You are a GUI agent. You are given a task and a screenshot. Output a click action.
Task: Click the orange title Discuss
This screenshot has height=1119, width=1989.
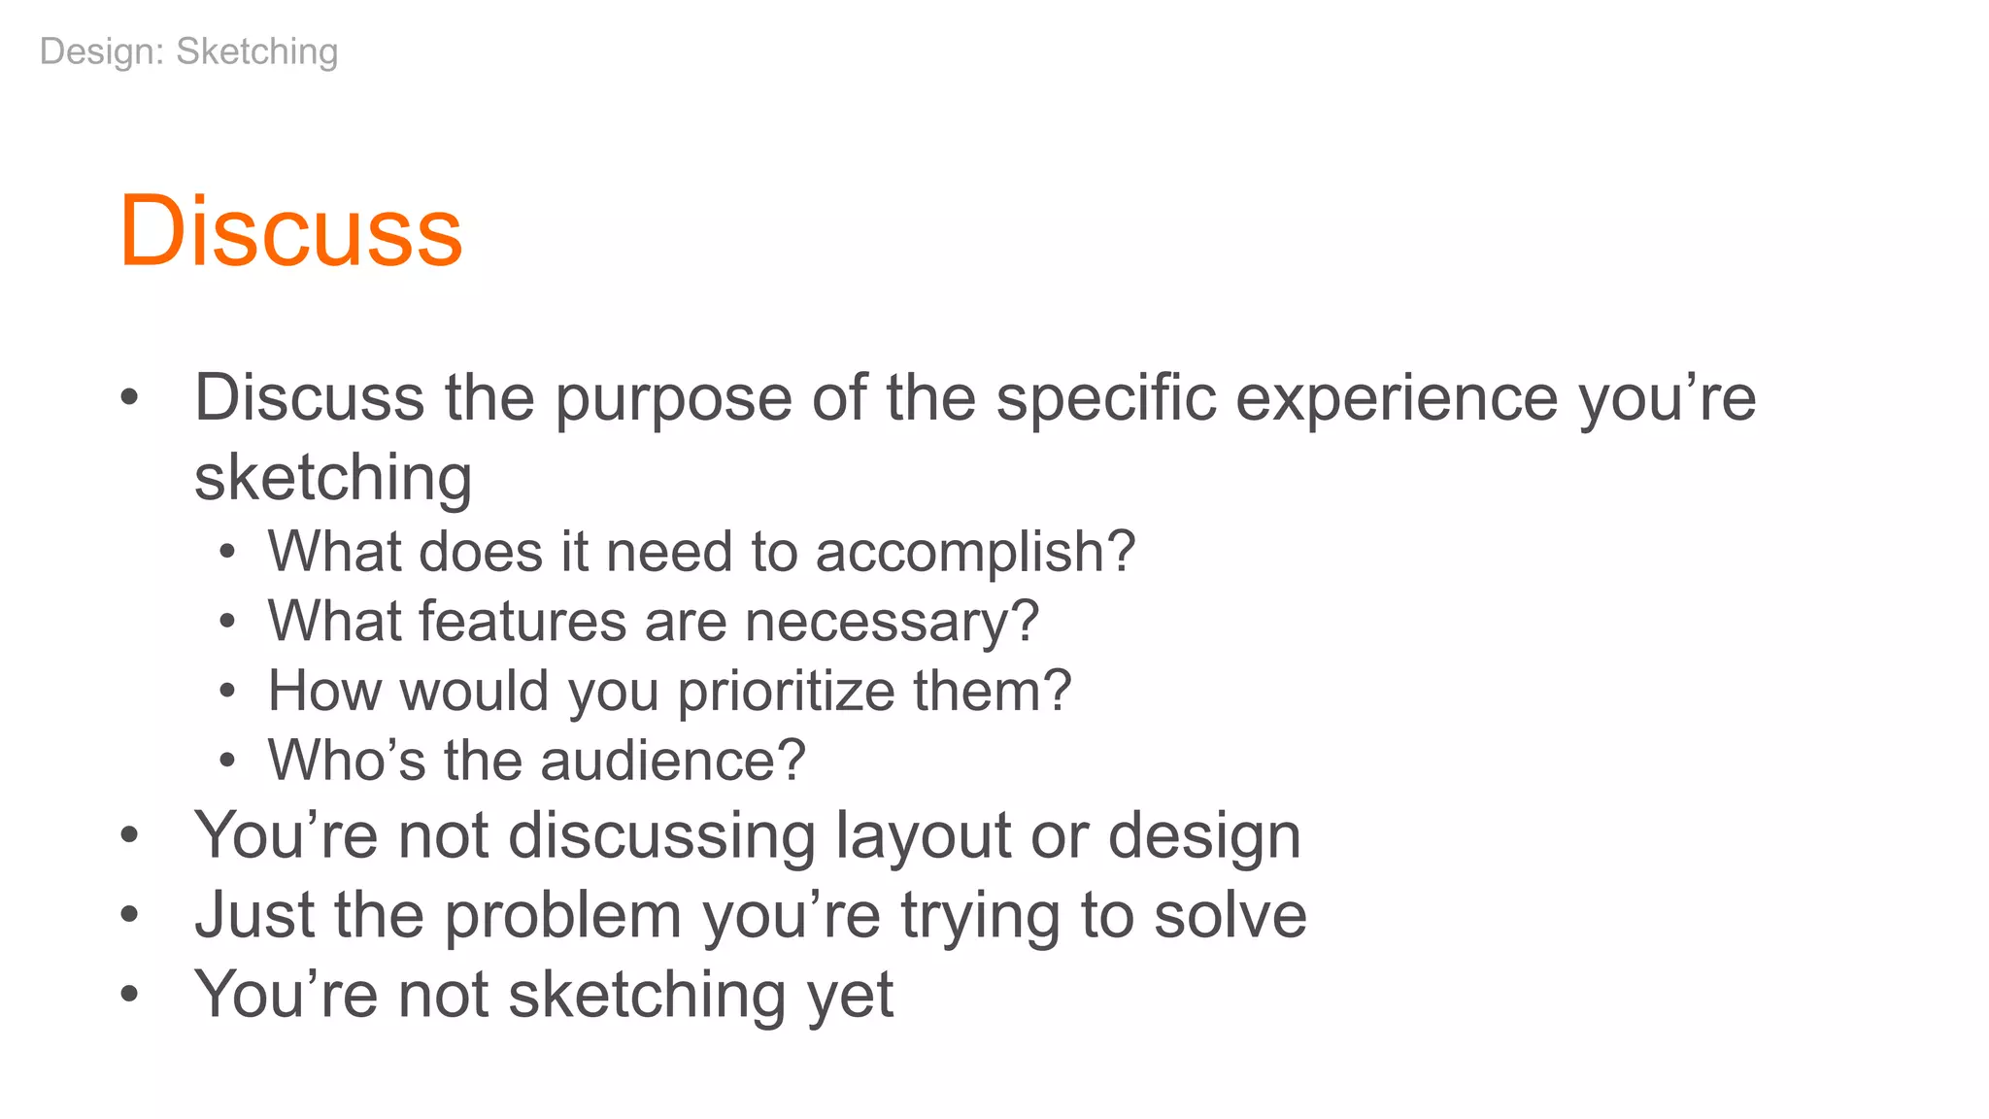point(290,231)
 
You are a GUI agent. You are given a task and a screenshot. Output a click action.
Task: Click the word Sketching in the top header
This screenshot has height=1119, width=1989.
point(256,51)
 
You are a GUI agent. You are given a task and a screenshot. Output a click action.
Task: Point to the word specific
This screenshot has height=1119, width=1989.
point(1106,399)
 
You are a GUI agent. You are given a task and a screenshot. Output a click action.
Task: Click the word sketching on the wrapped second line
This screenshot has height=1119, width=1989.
point(333,479)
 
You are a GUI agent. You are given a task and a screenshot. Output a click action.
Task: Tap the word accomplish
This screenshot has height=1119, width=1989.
point(974,552)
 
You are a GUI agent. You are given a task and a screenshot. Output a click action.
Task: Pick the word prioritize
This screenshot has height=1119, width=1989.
point(786,692)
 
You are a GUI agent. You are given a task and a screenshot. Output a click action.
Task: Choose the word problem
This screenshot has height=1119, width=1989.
point(563,916)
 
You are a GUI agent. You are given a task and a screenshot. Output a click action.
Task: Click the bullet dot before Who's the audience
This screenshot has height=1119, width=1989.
point(227,762)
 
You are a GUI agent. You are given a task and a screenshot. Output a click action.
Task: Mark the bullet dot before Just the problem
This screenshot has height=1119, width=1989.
point(130,915)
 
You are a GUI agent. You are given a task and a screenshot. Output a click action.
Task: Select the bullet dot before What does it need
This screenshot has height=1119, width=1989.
point(227,553)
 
